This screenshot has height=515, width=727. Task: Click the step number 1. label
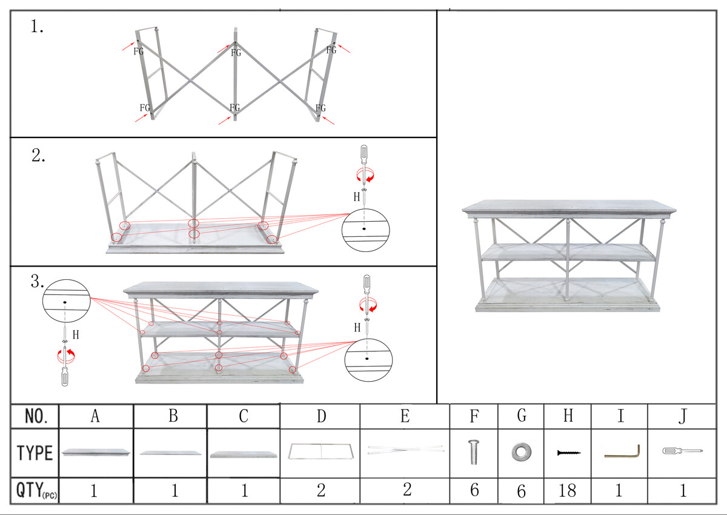pos(37,27)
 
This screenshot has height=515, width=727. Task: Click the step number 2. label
pos(38,156)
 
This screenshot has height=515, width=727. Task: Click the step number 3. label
pos(38,281)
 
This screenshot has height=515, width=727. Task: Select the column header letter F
pos(474,416)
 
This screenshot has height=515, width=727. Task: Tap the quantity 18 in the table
pos(567,490)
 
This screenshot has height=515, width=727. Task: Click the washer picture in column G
pos(522,452)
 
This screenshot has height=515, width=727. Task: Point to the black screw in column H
pos(569,453)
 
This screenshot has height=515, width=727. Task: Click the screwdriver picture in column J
pos(682,451)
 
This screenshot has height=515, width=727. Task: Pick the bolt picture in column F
pos(474,452)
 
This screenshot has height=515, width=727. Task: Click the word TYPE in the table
pos(35,453)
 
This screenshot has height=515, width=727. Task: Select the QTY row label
pos(37,490)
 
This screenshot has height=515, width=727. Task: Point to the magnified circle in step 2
pos(365,230)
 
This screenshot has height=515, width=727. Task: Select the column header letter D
pos(321,416)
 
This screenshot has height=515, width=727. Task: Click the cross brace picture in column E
pos(405,450)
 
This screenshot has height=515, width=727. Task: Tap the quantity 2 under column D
pos(321,490)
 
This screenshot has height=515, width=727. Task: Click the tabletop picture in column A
pos(96,452)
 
